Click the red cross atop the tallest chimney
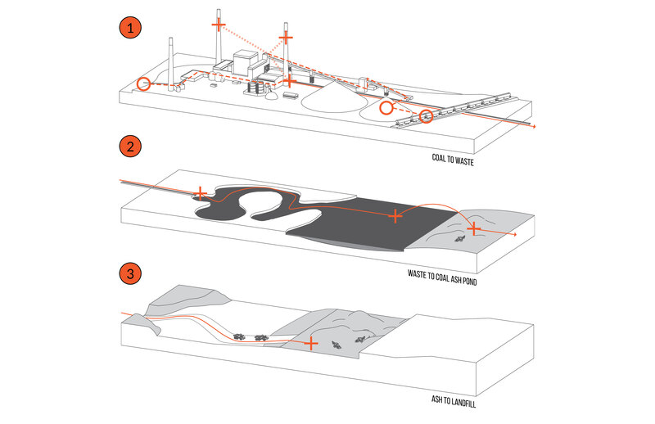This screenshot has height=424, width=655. (219, 25)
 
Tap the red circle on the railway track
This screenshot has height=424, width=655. (426, 116)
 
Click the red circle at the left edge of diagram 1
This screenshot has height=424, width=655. (144, 83)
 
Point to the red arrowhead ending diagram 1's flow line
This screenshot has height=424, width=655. (534, 129)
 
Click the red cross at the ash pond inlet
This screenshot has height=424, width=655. (201, 194)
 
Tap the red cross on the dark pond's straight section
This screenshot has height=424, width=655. (395, 216)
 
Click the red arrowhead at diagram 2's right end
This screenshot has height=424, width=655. (514, 236)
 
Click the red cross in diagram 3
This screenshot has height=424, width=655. (310, 343)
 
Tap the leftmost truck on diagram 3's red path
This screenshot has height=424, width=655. (240, 336)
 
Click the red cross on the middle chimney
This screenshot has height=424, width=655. (286, 37)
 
